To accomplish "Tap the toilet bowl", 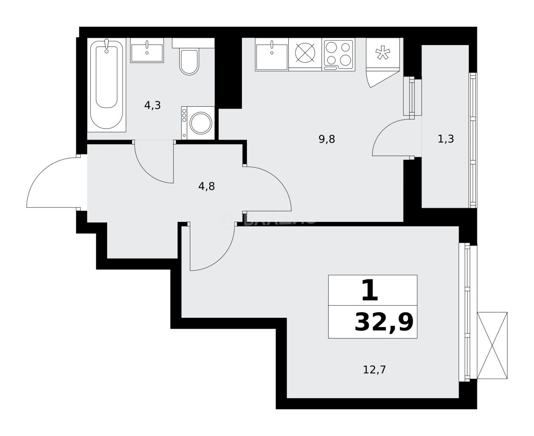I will pyautogui.click(x=189, y=62).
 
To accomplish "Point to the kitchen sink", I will pyautogui.click(x=272, y=54).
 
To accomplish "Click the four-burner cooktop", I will pyautogui.click(x=339, y=54).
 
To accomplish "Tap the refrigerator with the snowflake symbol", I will pyautogui.click(x=382, y=53).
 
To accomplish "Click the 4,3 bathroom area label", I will pyautogui.click(x=152, y=105).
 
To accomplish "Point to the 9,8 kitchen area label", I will pyautogui.click(x=327, y=139).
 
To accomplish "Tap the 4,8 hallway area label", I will pyautogui.click(x=207, y=186).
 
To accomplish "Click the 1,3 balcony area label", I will pyautogui.click(x=445, y=139).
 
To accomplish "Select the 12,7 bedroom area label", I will pyautogui.click(x=374, y=370).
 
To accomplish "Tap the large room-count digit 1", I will pyautogui.click(x=369, y=291).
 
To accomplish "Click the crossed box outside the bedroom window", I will pyautogui.click(x=492, y=345).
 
